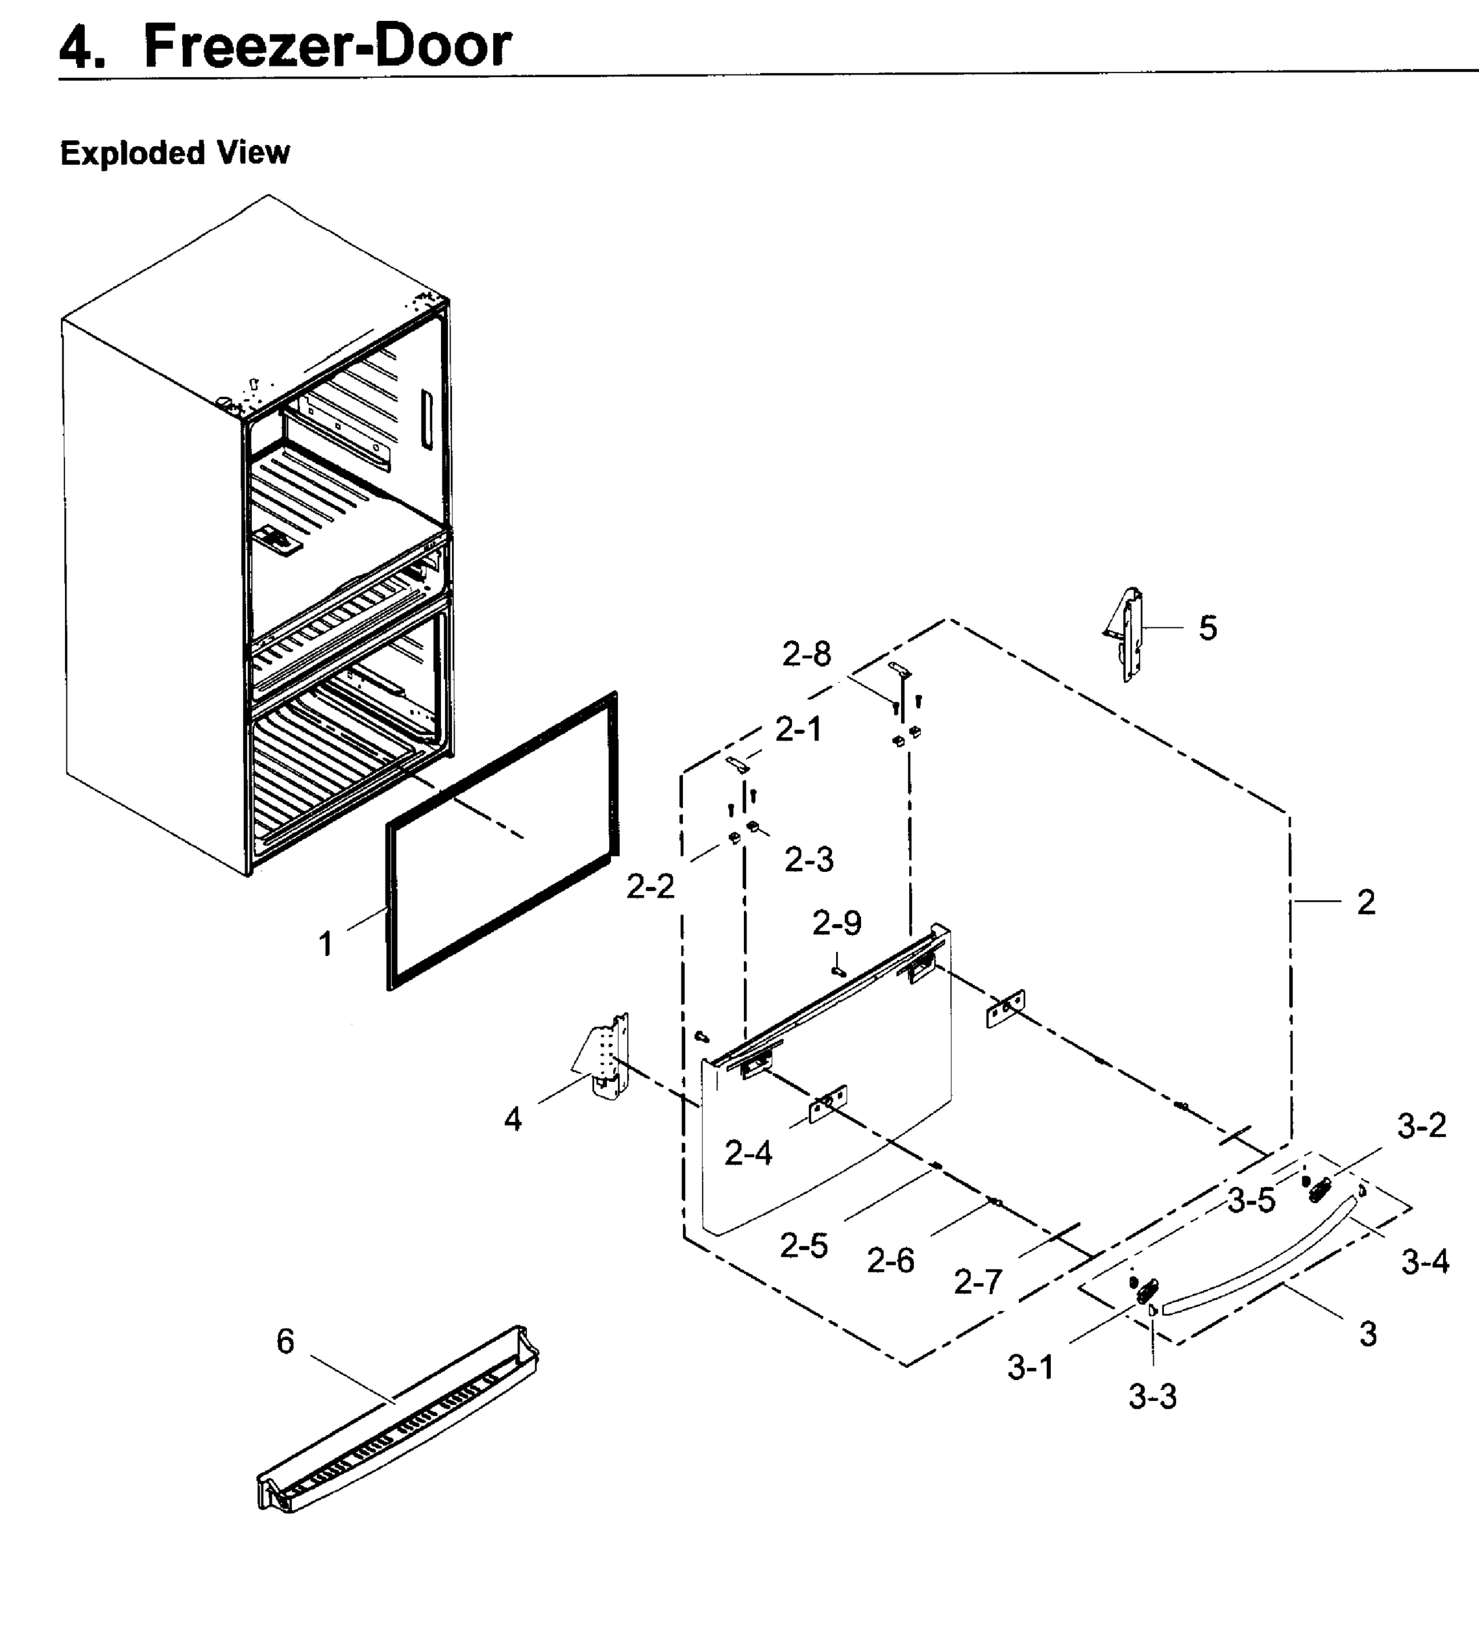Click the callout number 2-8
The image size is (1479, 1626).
tap(806, 654)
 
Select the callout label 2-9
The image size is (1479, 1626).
tap(836, 922)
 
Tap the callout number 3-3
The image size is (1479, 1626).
tap(1152, 1396)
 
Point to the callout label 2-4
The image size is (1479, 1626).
tap(747, 1153)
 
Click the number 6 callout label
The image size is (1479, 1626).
tap(285, 1341)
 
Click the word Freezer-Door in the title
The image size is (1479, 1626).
tap(327, 46)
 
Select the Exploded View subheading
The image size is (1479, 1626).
tap(175, 152)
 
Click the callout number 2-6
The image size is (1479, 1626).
tap(890, 1260)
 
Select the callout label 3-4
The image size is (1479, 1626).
tap(1424, 1262)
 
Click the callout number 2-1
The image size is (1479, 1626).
tap(798, 729)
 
